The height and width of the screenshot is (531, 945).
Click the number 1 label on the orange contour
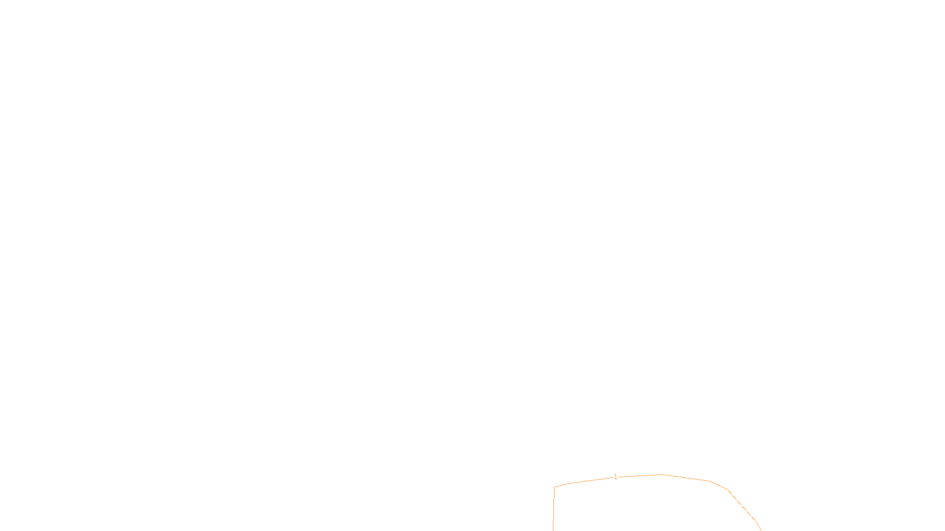tap(615, 477)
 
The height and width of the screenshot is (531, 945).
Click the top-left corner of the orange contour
tap(555, 487)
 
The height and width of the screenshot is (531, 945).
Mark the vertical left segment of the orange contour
tap(554, 509)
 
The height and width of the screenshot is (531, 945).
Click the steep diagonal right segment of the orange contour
tap(742, 505)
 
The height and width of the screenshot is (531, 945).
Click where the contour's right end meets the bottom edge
tap(761, 530)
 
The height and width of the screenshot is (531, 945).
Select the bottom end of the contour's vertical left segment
tap(553, 530)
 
